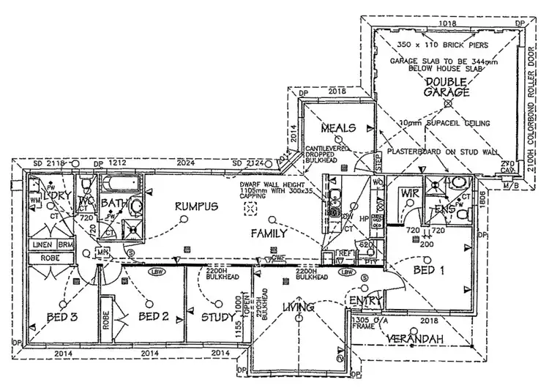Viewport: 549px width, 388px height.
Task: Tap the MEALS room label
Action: tap(337, 128)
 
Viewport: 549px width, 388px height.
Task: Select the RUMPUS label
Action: tap(195, 208)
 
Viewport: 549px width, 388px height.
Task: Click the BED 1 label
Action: tap(429, 270)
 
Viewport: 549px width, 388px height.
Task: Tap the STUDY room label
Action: tap(217, 317)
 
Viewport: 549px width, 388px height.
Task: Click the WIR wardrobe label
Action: tap(408, 193)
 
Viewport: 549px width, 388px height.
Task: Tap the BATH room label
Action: tap(115, 204)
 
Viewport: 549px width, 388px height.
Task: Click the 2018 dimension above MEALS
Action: tap(337, 92)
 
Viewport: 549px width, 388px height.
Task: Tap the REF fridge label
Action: tap(344, 254)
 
